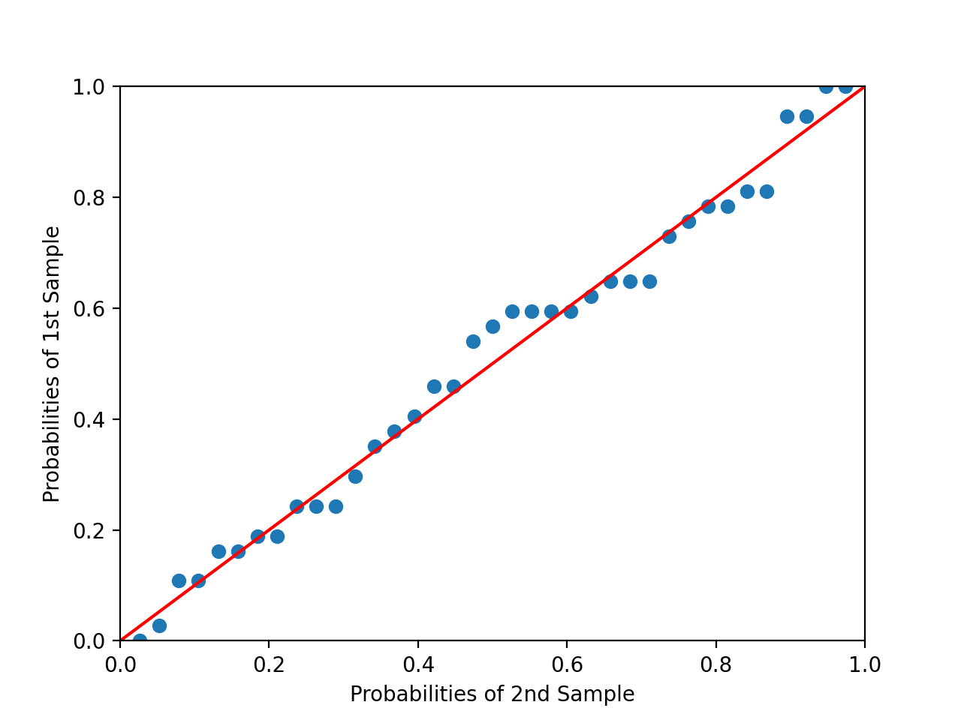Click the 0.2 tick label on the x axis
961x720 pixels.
pos(269,664)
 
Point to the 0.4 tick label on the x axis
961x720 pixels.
pos(417,664)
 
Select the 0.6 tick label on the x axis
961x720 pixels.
pos(566,664)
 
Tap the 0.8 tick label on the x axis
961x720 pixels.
pos(715,664)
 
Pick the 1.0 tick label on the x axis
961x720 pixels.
pos(864,664)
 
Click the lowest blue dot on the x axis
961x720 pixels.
pos(140,640)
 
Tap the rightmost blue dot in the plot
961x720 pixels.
pos(845,87)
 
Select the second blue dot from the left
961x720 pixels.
pos(159,625)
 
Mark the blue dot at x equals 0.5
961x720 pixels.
pos(493,326)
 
